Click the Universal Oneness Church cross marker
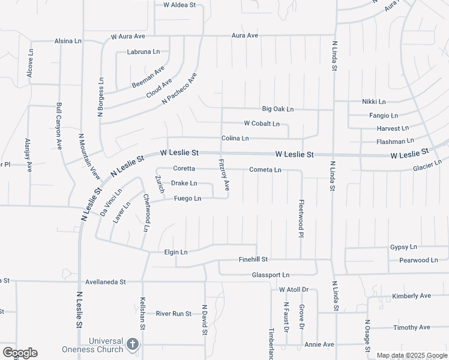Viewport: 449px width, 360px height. tap(133, 345)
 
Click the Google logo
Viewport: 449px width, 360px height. tap(19, 353)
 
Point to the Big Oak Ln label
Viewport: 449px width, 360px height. tap(278, 109)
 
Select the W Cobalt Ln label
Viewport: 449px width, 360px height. tap(262, 124)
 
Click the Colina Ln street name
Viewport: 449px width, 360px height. tap(235, 139)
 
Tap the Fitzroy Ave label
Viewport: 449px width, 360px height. tap(224, 175)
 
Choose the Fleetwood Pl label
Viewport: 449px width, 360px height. tap(302, 218)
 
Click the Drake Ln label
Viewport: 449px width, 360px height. tap(184, 183)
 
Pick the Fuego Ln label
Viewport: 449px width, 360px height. tap(187, 199)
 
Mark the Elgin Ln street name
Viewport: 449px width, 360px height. tap(176, 253)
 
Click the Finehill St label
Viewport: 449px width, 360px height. tap(253, 259)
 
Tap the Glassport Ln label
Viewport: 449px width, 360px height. tap(271, 275)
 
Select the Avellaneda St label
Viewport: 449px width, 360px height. tap(105, 281)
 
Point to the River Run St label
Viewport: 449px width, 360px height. tap(173, 313)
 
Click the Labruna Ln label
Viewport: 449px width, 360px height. tap(143, 52)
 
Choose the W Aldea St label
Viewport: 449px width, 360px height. tap(180, 5)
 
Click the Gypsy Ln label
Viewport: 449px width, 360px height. tap(403, 247)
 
